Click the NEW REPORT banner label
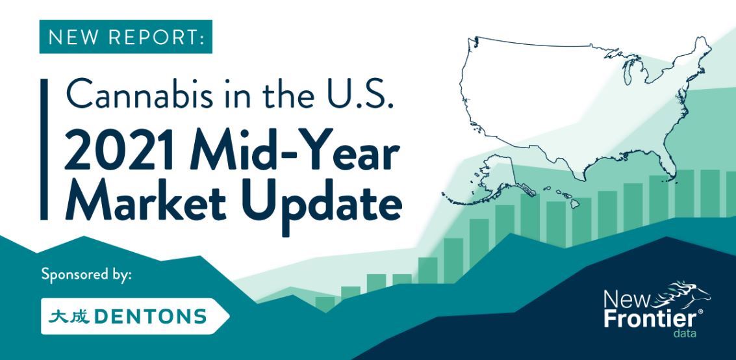[x=126, y=36]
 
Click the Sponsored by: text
[x=86, y=274]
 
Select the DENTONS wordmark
[x=150, y=316]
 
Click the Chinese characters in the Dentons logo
[x=69, y=316]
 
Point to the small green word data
[x=685, y=333]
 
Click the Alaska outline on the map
[x=493, y=181]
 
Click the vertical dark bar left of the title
[x=44, y=149]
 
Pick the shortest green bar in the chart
[x=325, y=303]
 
